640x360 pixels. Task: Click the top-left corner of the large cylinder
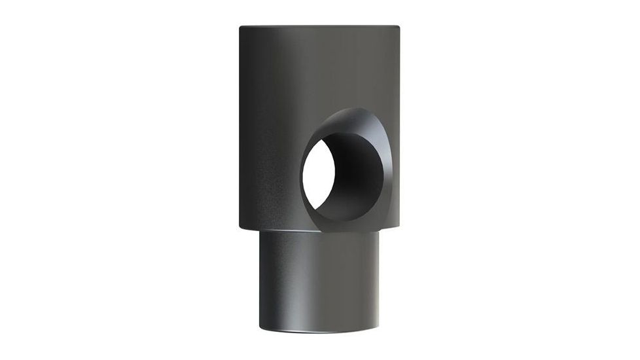[240, 27]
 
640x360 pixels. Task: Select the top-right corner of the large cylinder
[399, 27]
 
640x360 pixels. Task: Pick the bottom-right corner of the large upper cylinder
[399, 229]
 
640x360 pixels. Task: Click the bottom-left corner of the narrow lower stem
[260, 327]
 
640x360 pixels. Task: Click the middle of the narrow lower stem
[319, 281]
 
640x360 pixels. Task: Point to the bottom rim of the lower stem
[319, 336]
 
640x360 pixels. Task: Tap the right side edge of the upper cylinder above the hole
[399, 72]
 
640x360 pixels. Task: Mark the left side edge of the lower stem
[260, 281]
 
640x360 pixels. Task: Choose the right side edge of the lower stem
[379, 281]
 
